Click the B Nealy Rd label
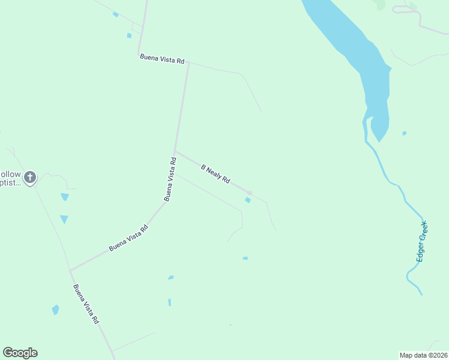[215, 174]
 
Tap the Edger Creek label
[421, 241]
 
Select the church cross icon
[30, 177]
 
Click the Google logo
[20, 353]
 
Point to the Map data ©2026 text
[424, 355]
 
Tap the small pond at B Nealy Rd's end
[247, 200]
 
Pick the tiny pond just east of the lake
[404, 133]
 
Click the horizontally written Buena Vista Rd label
[162, 58]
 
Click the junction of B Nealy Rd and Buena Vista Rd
[175, 152]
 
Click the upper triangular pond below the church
[65, 197]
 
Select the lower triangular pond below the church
[64, 220]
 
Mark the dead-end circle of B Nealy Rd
[249, 193]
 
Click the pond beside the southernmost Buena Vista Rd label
[55, 310]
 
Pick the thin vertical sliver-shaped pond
[169, 302]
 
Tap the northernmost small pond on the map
[115, 14]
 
